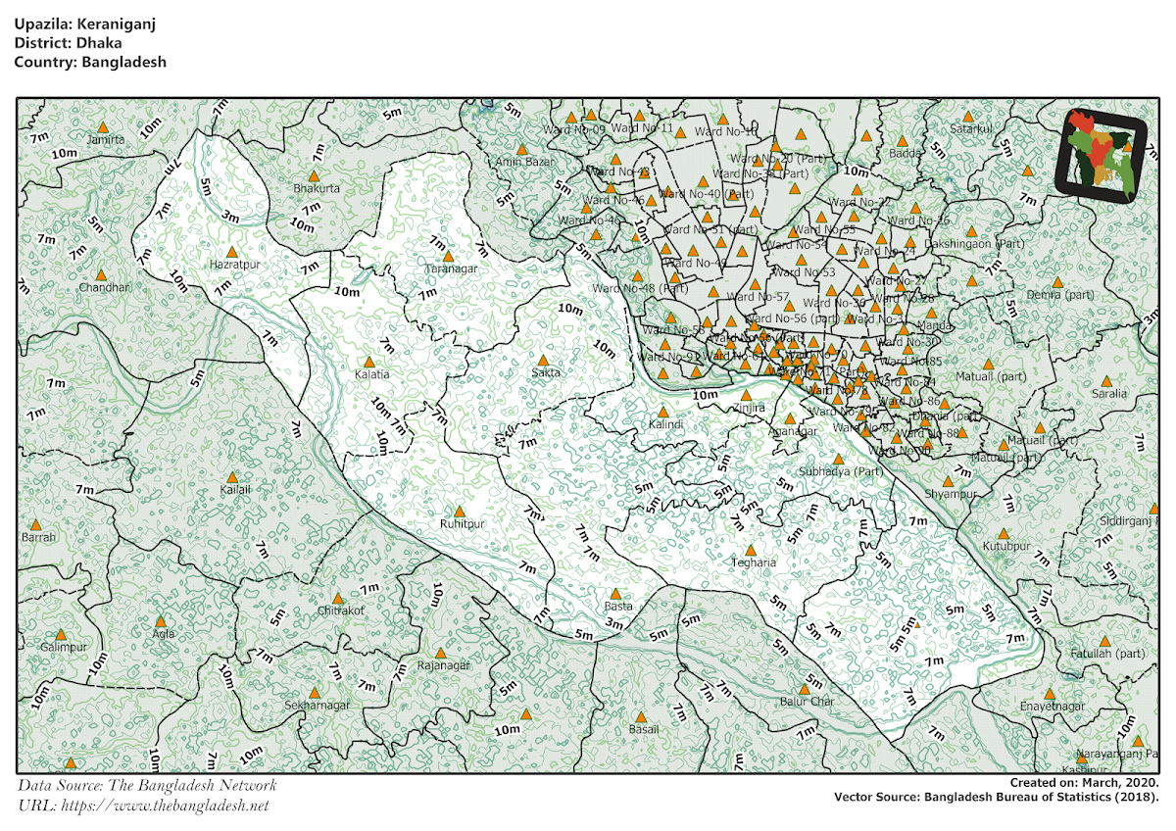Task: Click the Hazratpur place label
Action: click(x=233, y=264)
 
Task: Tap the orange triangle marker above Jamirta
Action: click(x=103, y=127)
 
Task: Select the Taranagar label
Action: click(x=451, y=269)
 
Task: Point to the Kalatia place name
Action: click(x=371, y=374)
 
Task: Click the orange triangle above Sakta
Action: click(x=543, y=361)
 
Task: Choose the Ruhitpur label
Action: click(x=463, y=524)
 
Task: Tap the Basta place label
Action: click(x=618, y=607)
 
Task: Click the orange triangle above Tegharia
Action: click(x=751, y=551)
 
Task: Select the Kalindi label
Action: click(x=665, y=424)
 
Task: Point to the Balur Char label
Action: click(x=807, y=702)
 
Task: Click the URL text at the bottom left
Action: click(x=143, y=806)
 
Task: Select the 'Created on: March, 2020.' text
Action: click(x=1085, y=783)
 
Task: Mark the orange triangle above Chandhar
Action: click(x=101, y=275)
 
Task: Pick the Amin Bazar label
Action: click(x=524, y=162)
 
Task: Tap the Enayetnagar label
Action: click(x=1053, y=706)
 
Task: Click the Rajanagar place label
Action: click(x=443, y=665)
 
